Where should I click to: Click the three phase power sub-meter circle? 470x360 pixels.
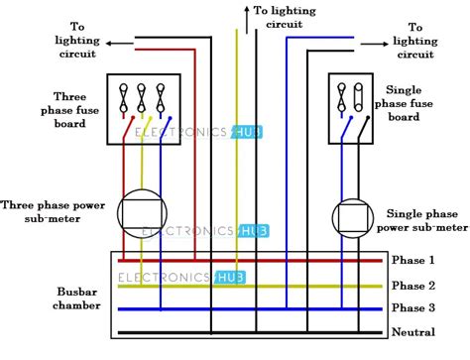141,209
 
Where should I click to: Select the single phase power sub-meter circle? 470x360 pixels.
352,216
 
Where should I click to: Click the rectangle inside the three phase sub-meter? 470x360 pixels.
141,210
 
